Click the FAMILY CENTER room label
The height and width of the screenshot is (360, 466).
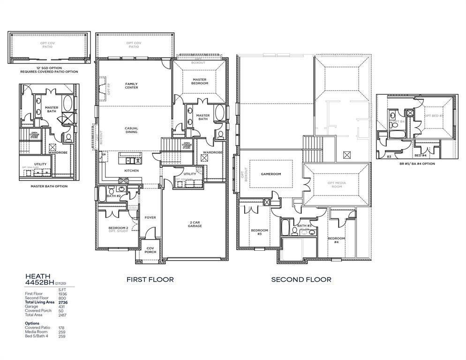click(x=131, y=86)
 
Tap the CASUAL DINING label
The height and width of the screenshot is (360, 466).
click(x=131, y=130)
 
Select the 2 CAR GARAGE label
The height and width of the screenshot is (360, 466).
click(x=195, y=224)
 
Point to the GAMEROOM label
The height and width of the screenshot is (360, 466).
click(x=271, y=174)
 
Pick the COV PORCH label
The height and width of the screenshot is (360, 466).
click(x=150, y=250)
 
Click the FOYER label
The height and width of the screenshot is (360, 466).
click(x=150, y=217)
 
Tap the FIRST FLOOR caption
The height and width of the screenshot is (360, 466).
click(x=150, y=279)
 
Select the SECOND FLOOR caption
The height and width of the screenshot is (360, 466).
click(x=301, y=279)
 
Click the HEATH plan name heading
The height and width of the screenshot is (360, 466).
click(x=38, y=277)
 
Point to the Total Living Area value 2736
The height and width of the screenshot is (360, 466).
click(x=62, y=302)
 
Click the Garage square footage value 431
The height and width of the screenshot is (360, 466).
click(x=62, y=307)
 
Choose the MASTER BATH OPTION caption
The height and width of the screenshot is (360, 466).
click(x=50, y=187)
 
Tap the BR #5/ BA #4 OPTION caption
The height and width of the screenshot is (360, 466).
click(x=417, y=164)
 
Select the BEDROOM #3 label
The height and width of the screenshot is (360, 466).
click(x=259, y=232)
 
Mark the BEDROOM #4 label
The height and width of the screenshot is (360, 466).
click(x=336, y=240)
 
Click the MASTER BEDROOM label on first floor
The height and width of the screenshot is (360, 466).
click(x=199, y=82)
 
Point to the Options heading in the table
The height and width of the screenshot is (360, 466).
click(x=32, y=323)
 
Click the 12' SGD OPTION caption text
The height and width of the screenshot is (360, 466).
click(x=49, y=68)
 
